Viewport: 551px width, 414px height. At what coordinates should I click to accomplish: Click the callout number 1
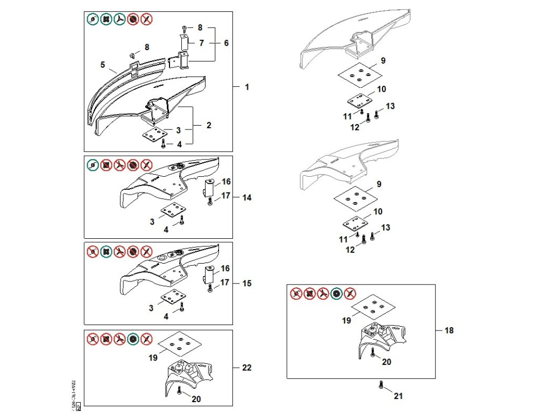coord(247,87)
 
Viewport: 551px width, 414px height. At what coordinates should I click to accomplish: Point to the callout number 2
coord(209,125)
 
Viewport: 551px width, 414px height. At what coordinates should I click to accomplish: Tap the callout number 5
coord(102,65)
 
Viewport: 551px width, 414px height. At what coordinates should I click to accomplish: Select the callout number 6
coord(226,43)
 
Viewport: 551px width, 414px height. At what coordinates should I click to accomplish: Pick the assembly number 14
coord(246,198)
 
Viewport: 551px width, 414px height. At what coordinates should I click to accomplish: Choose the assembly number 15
coord(247,283)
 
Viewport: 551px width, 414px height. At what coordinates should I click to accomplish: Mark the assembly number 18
coord(449,330)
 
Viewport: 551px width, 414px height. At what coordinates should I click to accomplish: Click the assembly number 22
coord(246,368)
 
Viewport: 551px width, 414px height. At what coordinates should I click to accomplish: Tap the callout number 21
coord(398,396)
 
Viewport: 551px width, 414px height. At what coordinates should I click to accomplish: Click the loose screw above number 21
coord(381,385)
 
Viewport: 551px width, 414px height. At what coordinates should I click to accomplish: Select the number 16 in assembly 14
coord(226,182)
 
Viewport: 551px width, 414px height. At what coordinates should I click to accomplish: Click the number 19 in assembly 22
coord(153,357)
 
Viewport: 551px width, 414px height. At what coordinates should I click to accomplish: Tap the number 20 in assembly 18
coord(386,362)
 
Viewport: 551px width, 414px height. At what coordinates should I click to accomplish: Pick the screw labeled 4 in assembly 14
coord(182,220)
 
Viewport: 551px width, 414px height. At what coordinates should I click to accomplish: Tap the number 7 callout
coord(201,43)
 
